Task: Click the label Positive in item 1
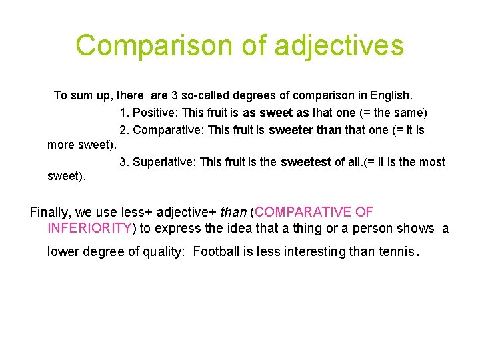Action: (x=157, y=113)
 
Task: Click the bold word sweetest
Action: (x=306, y=162)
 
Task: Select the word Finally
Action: (x=51, y=212)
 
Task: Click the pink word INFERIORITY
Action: (x=90, y=228)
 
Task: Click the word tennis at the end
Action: (x=395, y=252)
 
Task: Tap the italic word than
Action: (x=233, y=212)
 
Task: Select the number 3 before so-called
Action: (x=175, y=95)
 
